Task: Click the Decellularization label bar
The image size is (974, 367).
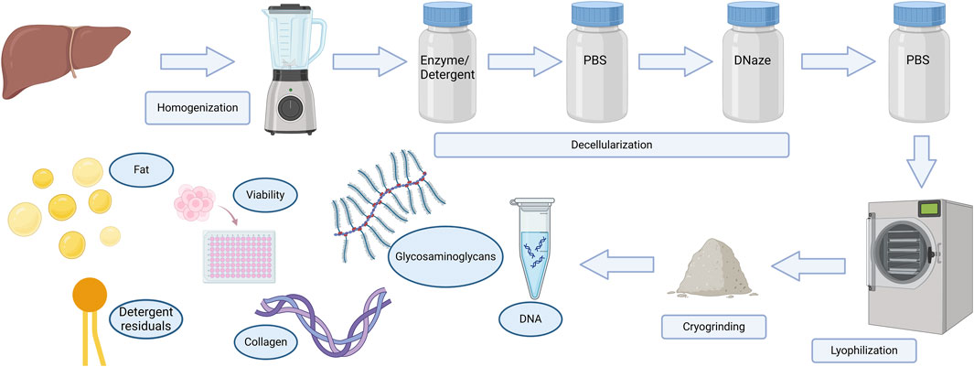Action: (610, 146)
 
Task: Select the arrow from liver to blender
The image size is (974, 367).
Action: (196, 63)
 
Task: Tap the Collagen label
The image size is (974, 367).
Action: (267, 341)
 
